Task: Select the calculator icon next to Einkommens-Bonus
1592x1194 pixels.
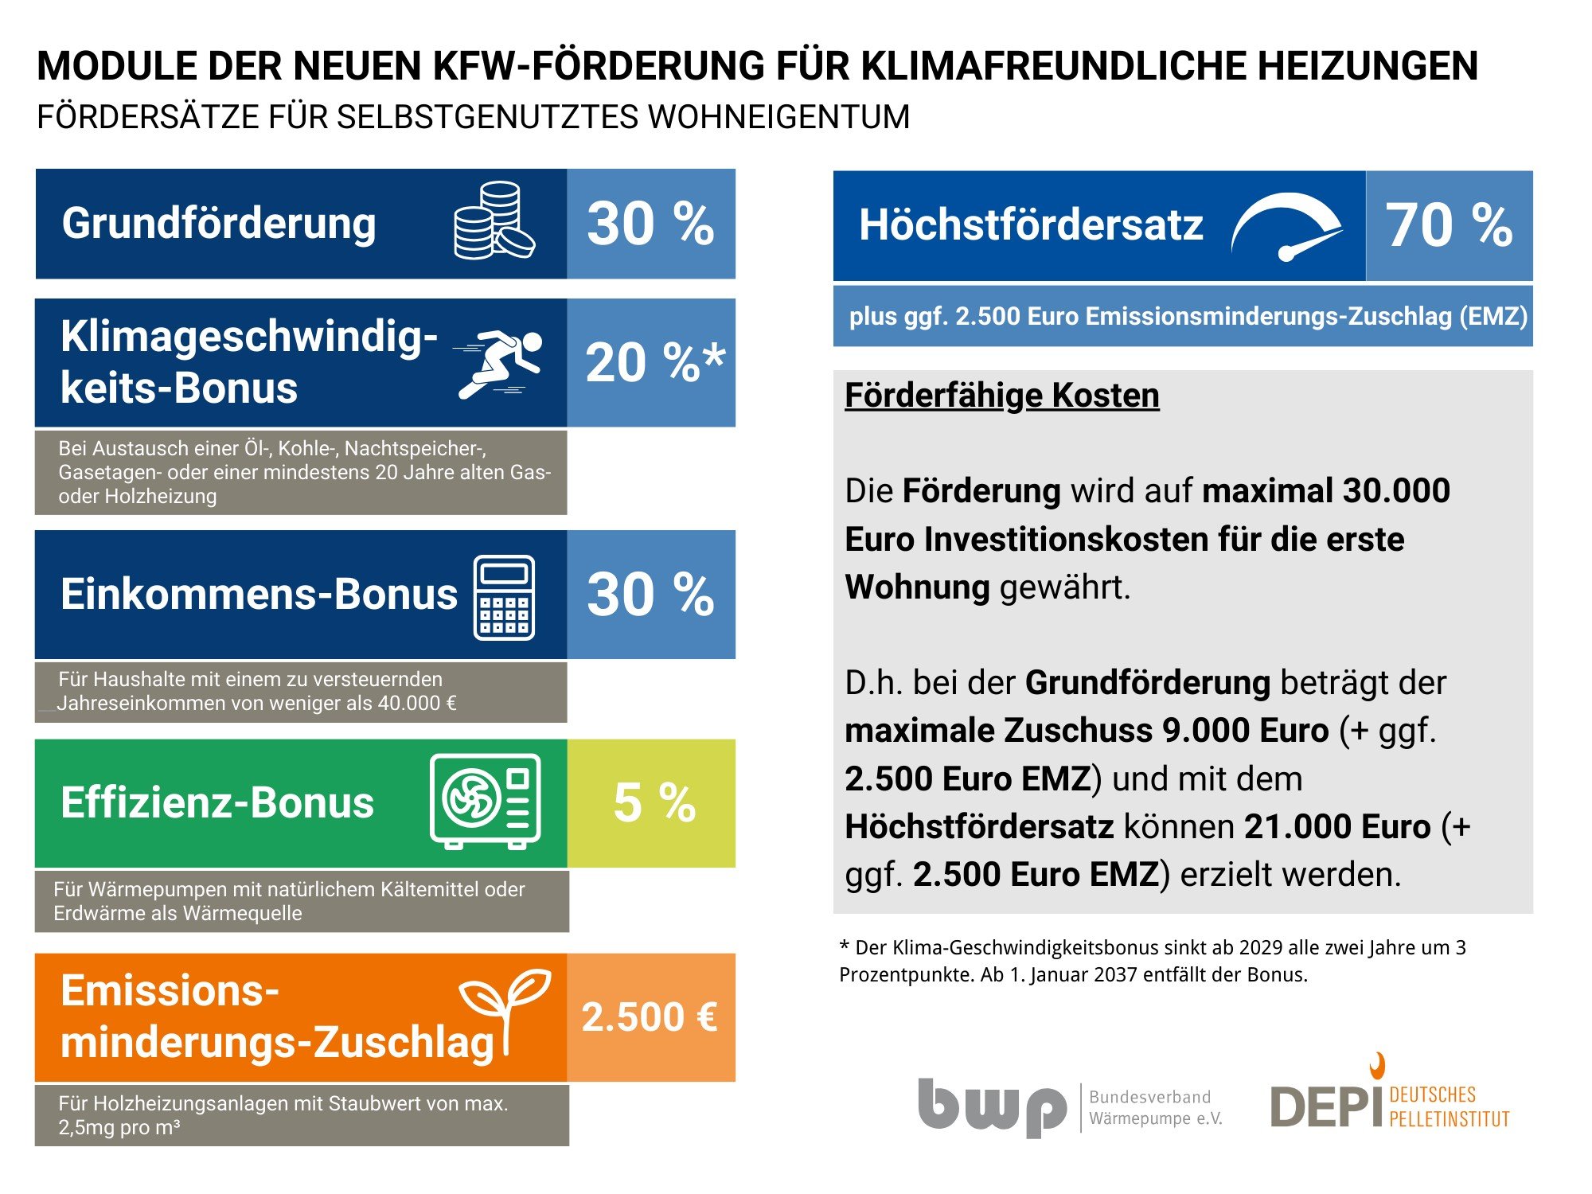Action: click(x=504, y=597)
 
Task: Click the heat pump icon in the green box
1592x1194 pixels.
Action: click(x=485, y=801)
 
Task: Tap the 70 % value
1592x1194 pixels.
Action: click(x=1449, y=225)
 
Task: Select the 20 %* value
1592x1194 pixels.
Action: click(x=654, y=363)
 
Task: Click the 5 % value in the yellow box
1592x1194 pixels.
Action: click(x=654, y=802)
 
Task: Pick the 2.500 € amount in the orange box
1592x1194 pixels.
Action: click(x=650, y=1017)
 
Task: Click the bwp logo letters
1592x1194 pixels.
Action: click(x=992, y=1106)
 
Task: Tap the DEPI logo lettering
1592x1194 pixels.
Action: click(x=1325, y=1107)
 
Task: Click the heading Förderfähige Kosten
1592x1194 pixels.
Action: click(x=1001, y=396)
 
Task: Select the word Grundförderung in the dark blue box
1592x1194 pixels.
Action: click(x=219, y=223)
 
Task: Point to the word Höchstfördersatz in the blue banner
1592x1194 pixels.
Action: click(x=1031, y=225)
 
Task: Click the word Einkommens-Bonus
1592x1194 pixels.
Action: click(x=259, y=595)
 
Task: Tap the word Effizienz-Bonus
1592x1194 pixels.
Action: click(x=217, y=802)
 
